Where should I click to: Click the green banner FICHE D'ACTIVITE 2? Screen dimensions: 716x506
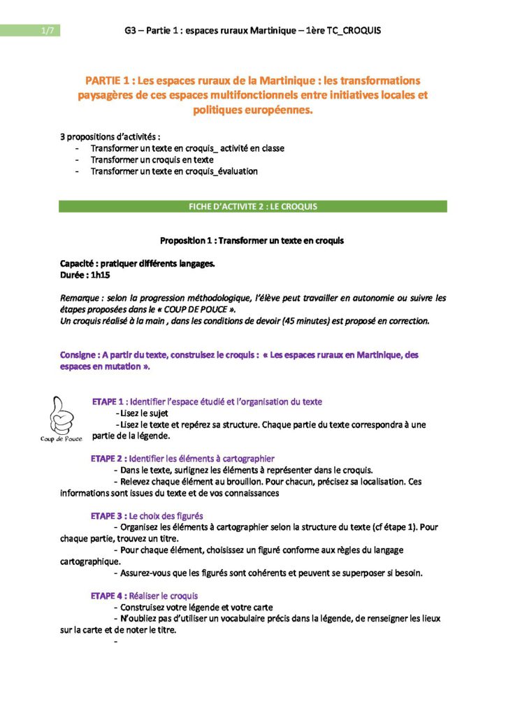[252, 206]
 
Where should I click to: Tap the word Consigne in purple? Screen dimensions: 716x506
[81, 355]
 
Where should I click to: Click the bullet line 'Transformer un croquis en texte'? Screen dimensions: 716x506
[152, 159]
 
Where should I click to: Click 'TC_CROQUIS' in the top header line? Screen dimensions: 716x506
[351, 31]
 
